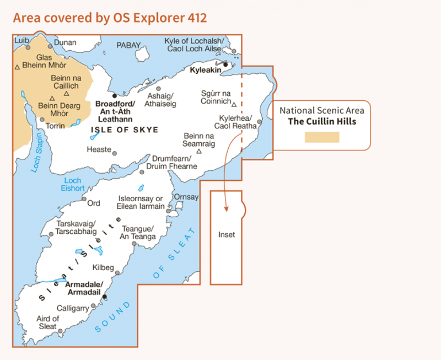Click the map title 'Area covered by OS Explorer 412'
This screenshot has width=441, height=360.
click(110, 18)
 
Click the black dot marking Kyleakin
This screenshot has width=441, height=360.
click(225, 64)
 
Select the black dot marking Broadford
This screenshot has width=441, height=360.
click(115, 95)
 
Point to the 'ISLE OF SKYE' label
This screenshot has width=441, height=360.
click(124, 130)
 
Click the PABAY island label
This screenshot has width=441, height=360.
click(129, 45)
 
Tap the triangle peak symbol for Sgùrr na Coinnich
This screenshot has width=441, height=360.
click(234, 104)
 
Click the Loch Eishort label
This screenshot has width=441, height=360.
click(73, 185)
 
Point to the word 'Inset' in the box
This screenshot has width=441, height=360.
click(227, 234)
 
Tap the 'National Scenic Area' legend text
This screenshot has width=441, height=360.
click(322, 110)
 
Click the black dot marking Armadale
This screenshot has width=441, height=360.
click(105, 297)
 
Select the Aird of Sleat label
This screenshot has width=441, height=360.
click(47, 323)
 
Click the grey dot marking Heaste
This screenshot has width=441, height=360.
click(115, 153)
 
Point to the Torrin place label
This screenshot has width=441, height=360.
click(55, 126)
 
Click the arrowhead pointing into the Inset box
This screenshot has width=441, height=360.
click(225, 208)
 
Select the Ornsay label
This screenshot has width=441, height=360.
click(185, 197)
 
